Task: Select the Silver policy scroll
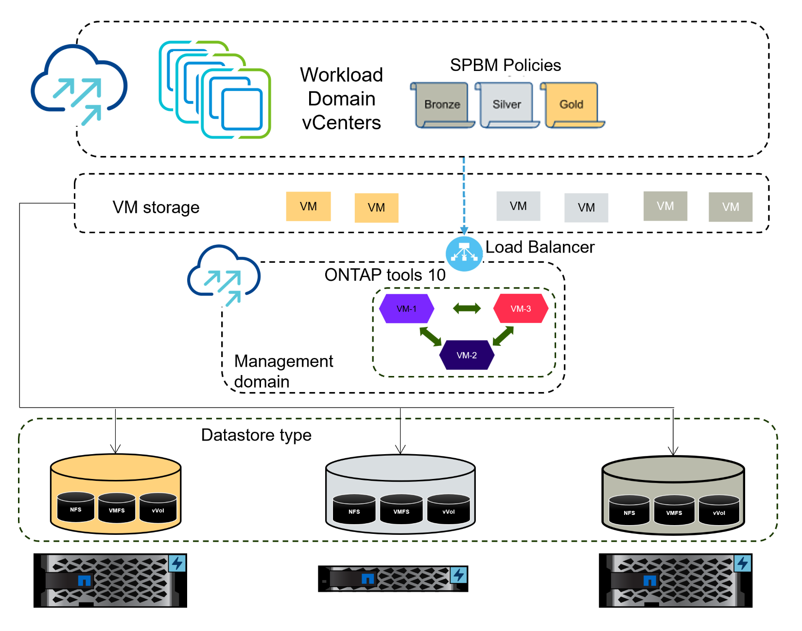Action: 507,105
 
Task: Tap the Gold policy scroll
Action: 572,105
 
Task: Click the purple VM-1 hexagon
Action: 406,309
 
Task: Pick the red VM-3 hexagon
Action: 521,309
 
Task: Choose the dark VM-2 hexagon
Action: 467,356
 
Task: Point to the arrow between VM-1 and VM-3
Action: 467,308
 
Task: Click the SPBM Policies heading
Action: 506,65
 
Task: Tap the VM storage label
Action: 156,207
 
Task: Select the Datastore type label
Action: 256,435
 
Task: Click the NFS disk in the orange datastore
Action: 76,508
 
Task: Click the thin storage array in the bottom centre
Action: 393,579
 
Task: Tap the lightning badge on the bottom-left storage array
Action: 177,563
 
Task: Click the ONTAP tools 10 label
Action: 385,275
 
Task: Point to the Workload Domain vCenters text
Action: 342,99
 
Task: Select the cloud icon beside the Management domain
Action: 224,274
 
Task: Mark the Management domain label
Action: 283,371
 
